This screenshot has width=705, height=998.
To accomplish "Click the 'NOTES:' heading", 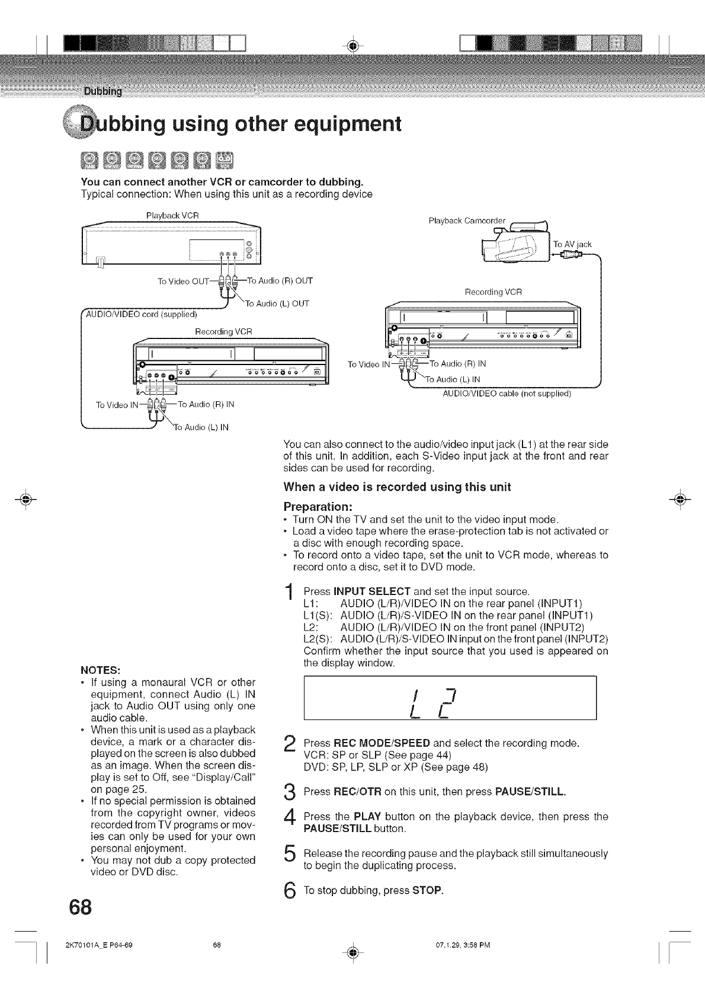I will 100,670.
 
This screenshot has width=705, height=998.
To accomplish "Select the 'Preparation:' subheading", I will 318,507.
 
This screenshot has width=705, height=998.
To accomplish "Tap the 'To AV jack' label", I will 572,244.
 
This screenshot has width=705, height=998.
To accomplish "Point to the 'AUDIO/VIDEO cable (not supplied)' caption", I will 507,393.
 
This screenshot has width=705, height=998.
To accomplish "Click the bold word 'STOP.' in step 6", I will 428,891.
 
